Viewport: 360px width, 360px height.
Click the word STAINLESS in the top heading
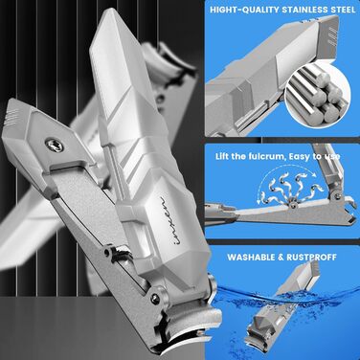[x=304, y=10]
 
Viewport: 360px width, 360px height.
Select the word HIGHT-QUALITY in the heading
[x=244, y=10]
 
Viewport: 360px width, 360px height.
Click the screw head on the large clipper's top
[x=54, y=146]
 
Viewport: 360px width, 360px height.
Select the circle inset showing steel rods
[x=317, y=96]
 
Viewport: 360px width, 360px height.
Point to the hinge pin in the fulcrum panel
[x=292, y=203]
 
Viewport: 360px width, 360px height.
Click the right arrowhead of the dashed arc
[x=314, y=174]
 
